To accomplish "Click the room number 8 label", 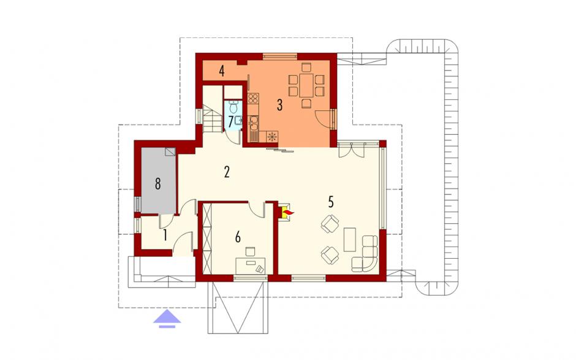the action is [157, 183].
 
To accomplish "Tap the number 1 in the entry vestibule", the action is [165, 235].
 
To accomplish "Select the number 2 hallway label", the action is [227, 172].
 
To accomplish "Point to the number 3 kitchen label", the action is [279, 105].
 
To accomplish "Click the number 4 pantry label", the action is [221, 71].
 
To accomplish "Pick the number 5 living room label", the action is [331, 202].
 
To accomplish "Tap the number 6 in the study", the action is [238, 237].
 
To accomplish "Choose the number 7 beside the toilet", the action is [230, 121].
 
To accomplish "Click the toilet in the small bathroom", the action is [233, 106].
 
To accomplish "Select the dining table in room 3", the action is [306, 85].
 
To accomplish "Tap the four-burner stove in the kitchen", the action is [254, 98].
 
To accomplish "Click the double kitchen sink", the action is [254, 123].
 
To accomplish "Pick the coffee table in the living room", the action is [350, 239].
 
